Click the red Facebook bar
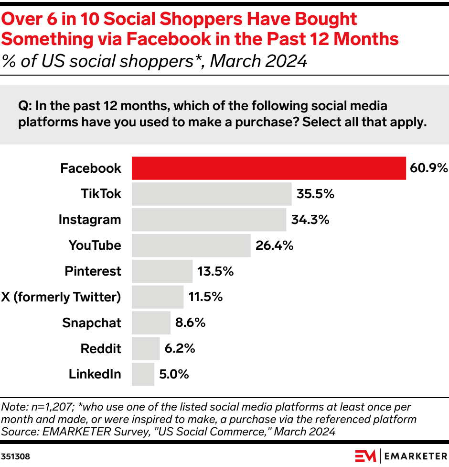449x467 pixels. click(268, 168)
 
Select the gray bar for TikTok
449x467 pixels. click(212, 194)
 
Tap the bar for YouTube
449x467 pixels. click(191, 245)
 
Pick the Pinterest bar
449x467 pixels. click(162, 271)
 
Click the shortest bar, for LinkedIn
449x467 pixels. click(143, 374)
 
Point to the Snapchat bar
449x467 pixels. click(151, 322)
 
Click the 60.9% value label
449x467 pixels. click(428, 168)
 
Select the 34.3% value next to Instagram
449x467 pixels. click(310, 220)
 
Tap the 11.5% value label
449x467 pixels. click(205, 297)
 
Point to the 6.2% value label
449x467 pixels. click(180, 348)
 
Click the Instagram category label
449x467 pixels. click(90, 220)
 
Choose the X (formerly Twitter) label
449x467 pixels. click(61, 297)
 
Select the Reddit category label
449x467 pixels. click(101, 348)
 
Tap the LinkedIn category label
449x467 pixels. click(95, 374)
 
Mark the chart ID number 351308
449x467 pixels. click(15, 456)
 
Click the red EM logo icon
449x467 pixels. click(365, 456)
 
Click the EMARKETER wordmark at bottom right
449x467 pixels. click(415, 456)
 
